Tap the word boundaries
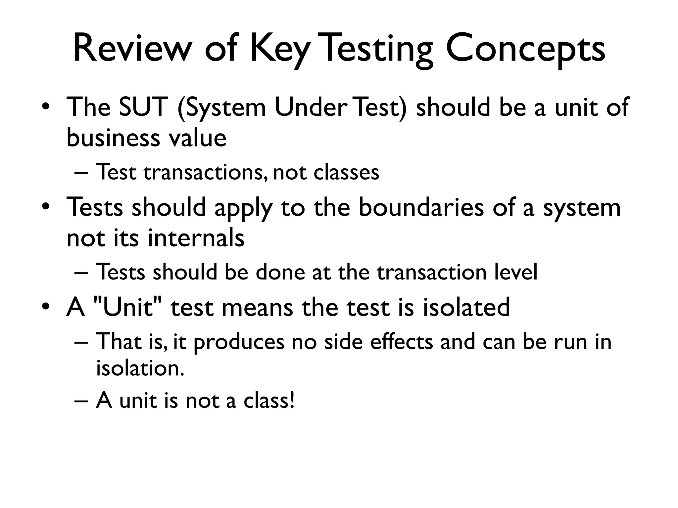[421, 207]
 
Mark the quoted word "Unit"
[127, 307]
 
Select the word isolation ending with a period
[140, 368]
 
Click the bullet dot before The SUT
[46, 107]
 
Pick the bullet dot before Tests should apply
[46, 208]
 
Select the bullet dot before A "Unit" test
[46, 307]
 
